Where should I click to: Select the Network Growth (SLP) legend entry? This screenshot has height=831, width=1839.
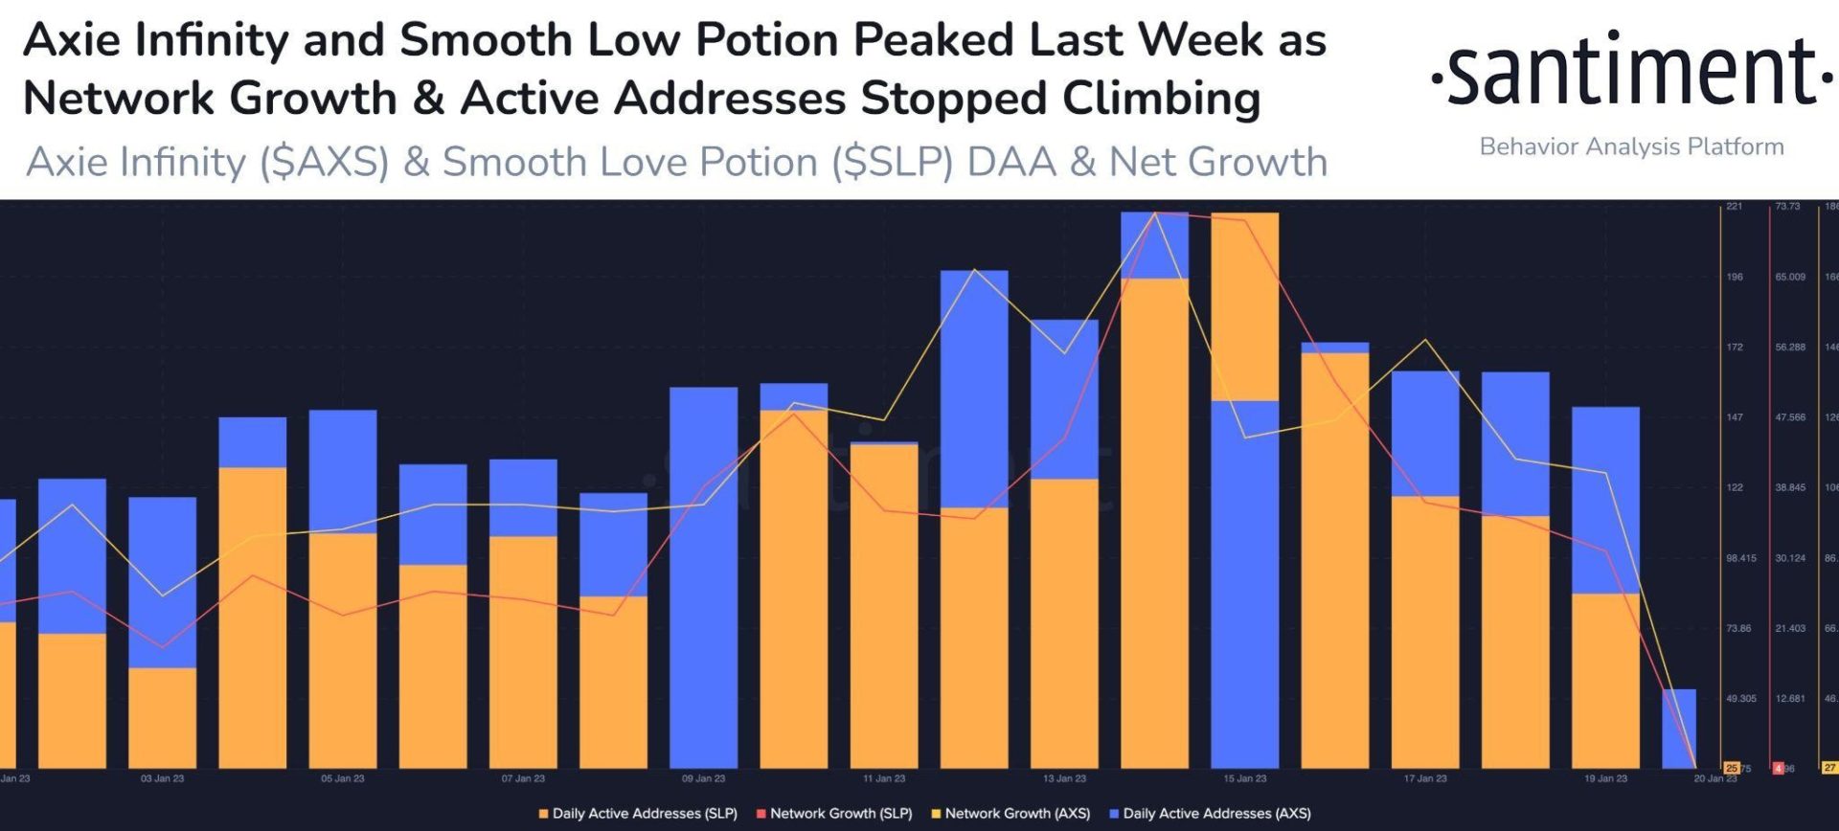[834, 813]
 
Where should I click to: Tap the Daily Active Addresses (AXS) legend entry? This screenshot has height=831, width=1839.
[1210, 813]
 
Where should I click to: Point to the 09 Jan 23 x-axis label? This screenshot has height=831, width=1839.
[703, 778]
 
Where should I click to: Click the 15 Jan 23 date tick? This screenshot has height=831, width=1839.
[1244, 778]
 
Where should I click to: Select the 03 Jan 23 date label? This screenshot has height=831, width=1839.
[162, 778]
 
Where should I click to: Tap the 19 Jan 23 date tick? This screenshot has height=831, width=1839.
[1605, 778]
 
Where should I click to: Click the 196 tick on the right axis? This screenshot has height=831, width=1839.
[1735, 277]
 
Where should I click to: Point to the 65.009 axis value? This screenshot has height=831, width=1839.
[1789, 277]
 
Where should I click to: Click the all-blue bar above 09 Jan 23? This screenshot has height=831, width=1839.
[703, 574]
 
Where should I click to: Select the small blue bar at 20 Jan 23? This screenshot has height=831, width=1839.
[1678, 728]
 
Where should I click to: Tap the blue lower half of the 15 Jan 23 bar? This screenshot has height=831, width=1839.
[1244, 584]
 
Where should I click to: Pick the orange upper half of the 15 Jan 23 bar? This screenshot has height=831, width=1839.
[1244, 306]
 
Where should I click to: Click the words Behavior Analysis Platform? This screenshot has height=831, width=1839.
[1631, 146]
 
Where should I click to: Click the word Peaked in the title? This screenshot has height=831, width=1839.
[932, 40]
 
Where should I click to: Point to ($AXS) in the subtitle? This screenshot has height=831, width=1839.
[325, 162]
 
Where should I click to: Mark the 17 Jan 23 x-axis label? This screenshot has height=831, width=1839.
[1425, 778]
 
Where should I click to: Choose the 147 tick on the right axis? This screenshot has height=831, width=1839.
[1735, 417]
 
